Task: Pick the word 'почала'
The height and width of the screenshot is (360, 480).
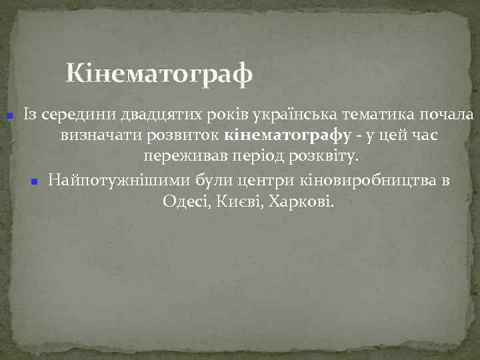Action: click(449, 115)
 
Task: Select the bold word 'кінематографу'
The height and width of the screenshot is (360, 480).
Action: click(289, 136)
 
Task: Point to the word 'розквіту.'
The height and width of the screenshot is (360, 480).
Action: click(329, 157)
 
